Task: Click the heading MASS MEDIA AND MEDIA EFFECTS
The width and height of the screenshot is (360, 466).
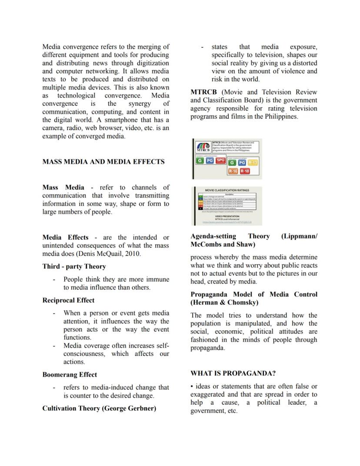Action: click(103, 161)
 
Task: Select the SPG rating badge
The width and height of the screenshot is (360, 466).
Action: click(220, 161)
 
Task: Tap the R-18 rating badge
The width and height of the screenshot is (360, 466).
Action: click(245, 171)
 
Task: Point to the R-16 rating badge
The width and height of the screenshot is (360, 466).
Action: click(233, 171)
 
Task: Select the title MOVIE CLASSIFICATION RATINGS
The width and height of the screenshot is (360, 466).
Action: click(227, 190)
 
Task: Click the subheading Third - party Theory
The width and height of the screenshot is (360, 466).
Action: click(74, 266)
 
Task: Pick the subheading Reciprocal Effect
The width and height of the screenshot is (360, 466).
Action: click(68, 300)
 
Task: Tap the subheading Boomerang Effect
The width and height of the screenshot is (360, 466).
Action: click(70, 375)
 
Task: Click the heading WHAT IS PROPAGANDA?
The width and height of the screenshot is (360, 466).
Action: click(233, 373)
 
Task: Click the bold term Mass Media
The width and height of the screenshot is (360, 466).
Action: click(63, 187)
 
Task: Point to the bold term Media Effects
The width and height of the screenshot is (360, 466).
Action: click(65, 238)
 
